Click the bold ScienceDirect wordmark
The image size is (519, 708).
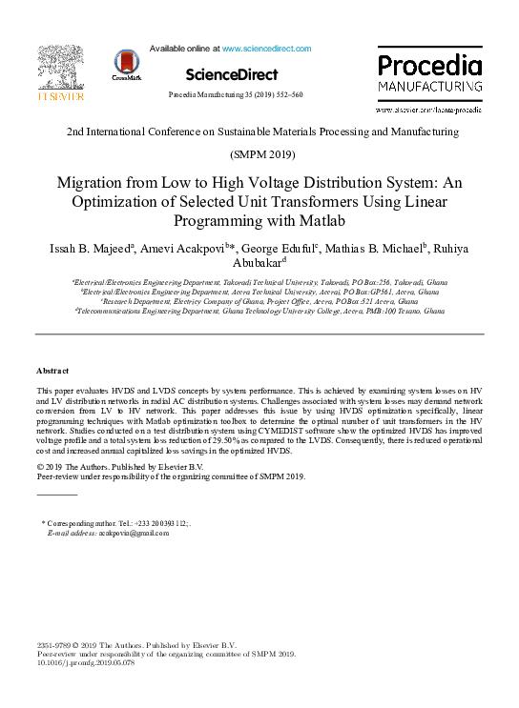(x=232, y=74)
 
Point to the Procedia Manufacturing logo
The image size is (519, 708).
(x=429, y=75)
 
